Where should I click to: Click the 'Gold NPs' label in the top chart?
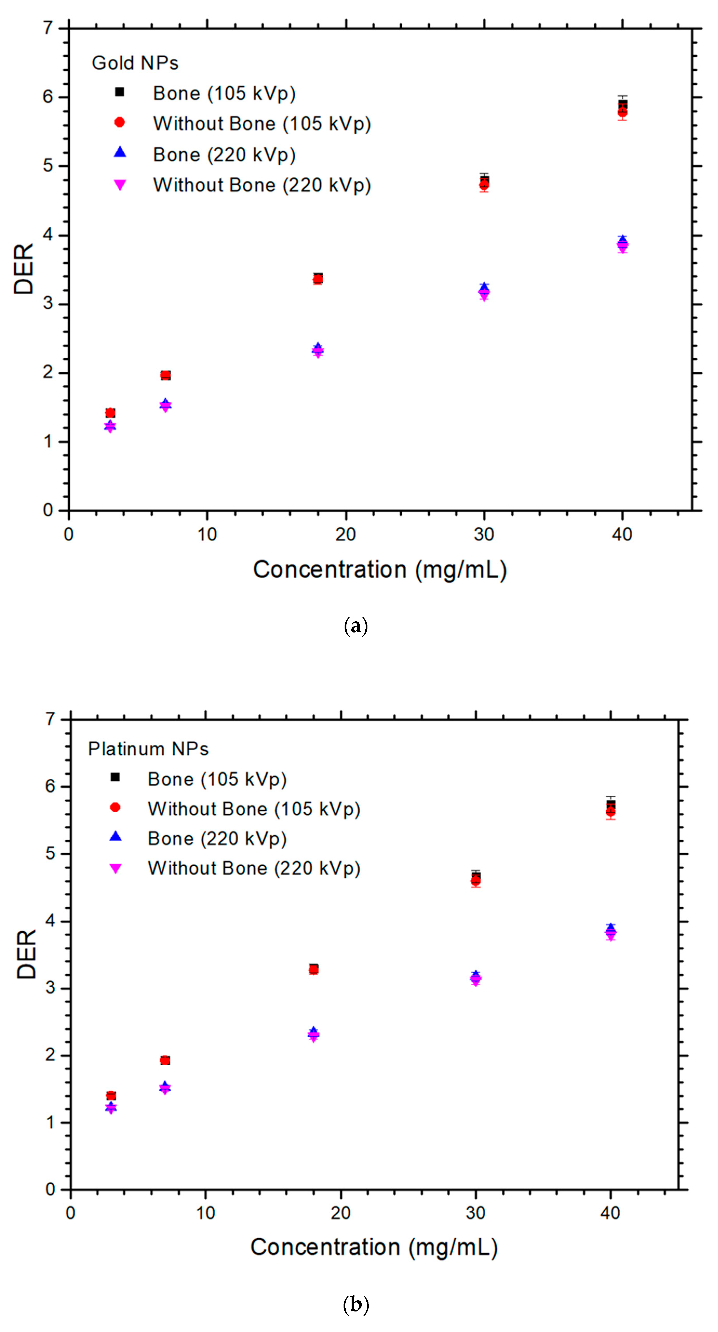pos(135,63)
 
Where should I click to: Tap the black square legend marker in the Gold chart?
pos(119,92)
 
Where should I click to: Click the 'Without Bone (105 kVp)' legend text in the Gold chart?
pos(261,124)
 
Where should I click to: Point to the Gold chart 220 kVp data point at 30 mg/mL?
pos(484,291)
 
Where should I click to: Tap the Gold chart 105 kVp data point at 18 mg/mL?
pos(318,279)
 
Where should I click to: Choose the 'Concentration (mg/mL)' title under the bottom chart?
pos(374,1247)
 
